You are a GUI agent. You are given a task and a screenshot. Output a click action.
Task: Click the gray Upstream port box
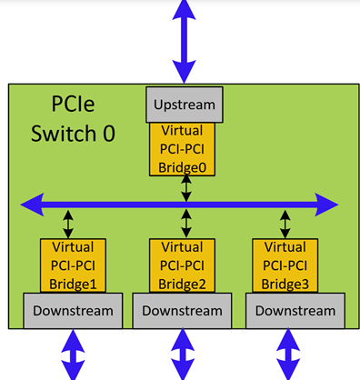tap(185, 105)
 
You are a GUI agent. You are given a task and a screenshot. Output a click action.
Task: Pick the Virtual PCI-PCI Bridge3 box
tap(285, 265)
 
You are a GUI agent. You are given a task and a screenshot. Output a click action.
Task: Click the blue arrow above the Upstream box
tap(185, 41)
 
